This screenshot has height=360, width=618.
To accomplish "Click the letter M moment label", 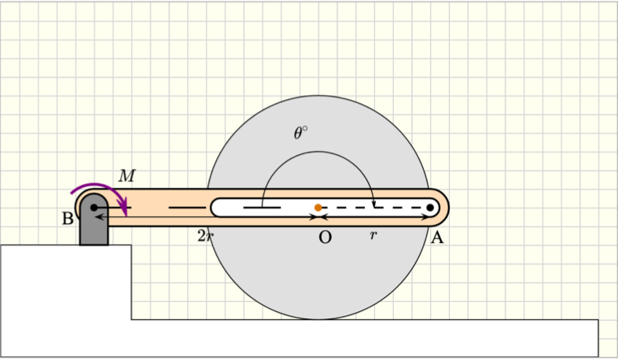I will (x=127, y=176).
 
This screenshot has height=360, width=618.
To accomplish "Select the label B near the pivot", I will (x=68, y=219).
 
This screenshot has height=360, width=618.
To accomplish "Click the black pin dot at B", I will (x=94, y=208).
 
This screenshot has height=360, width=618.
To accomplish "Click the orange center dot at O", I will (x=318, y=208).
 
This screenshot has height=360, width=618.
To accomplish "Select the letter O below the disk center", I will (x=325, y=237).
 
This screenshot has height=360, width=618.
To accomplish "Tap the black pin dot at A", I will (x=430, y=208).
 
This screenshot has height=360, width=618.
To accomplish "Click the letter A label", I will (x=437, y=238).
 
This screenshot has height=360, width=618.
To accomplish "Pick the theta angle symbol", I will (x=300, y=134).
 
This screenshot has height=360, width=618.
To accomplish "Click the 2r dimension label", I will (x=205, y=236).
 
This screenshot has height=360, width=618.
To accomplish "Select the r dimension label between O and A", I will (x=373, y=235).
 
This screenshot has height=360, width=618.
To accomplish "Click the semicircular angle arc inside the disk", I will (x=318, y=152).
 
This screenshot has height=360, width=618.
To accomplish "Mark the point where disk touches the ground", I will (x=318, y=319).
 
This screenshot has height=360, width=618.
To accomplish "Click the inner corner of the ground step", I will (x=131, y=319).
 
